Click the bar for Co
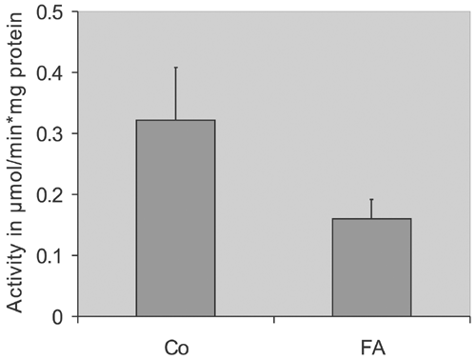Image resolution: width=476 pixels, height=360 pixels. [175, 218]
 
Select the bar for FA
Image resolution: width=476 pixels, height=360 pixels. [371, 268]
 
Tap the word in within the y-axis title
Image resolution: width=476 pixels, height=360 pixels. [17, 230]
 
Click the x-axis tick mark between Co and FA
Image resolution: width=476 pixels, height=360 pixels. [273, 319]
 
